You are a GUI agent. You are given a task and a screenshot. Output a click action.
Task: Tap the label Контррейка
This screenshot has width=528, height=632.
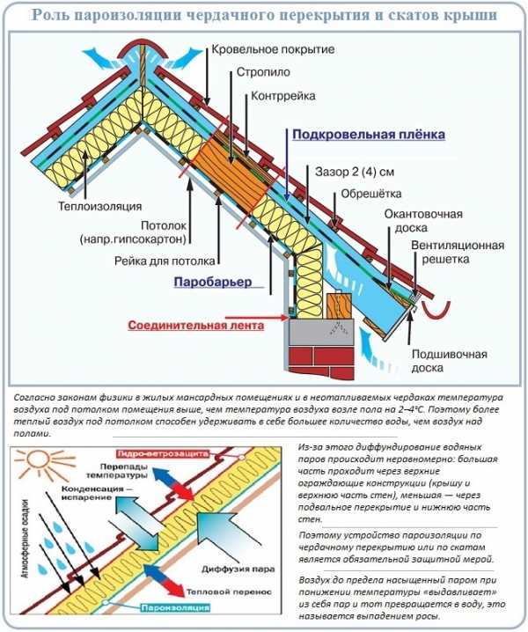[x=281, y=97]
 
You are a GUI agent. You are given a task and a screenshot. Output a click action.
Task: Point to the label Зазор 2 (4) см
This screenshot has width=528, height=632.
[x=355, y=171]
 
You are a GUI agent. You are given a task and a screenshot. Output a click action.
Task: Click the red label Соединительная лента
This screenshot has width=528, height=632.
[x=195, y=324]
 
